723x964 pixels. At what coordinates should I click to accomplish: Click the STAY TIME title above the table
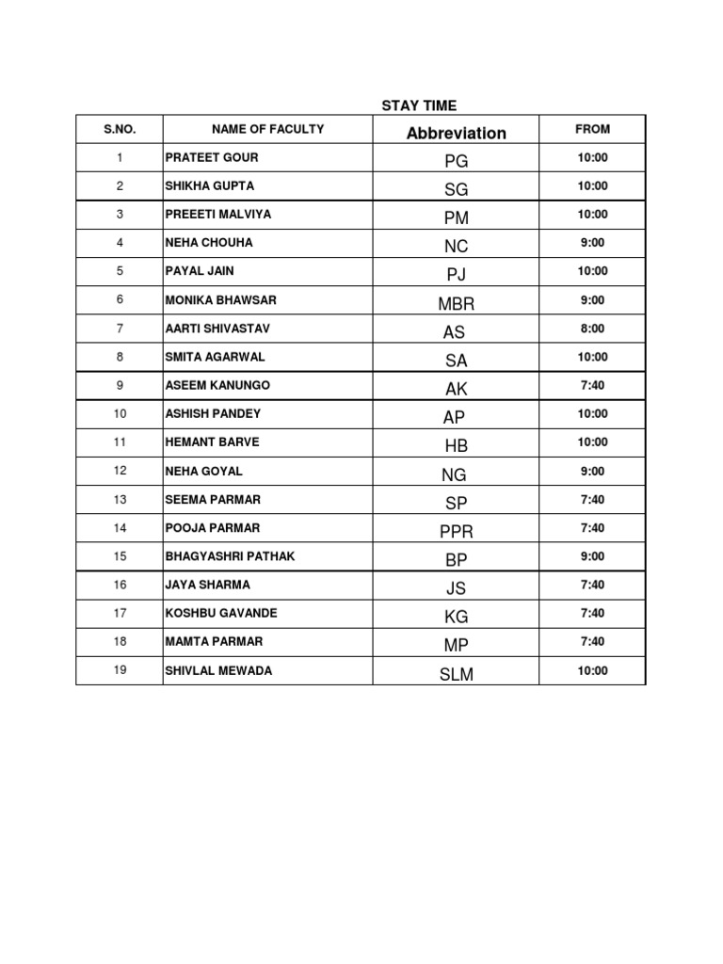click(419, 105)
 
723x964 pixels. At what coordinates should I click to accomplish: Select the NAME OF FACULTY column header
click(267, 129)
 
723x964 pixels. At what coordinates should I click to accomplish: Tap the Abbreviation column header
click(456, 133)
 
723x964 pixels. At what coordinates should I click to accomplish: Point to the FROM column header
click(593, 129)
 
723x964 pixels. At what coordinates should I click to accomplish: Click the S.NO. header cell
click(120, 129)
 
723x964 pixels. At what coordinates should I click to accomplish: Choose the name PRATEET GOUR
click(212, 157)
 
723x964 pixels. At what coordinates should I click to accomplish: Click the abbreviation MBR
click(456, 304)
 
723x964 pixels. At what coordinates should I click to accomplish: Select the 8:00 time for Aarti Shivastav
click(593, 329)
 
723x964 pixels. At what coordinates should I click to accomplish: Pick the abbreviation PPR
click(456, 532)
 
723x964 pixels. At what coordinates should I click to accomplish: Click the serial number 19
click(120, 670)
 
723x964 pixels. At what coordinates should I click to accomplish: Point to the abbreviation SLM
click(456, 674)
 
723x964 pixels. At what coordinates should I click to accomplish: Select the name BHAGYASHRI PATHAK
click(230, 556)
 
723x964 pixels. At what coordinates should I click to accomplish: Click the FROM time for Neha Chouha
click(593, 243)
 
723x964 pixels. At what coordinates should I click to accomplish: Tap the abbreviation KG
click(456, 618)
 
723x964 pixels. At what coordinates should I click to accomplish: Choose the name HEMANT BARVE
click(213, 442)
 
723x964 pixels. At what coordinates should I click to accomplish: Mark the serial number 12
click(120, 471)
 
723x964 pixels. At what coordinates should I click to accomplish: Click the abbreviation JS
click(456, 589)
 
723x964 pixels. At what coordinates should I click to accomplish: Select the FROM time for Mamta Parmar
click(593, 642)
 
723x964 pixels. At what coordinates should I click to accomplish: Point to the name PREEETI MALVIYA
click(218, 215)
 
